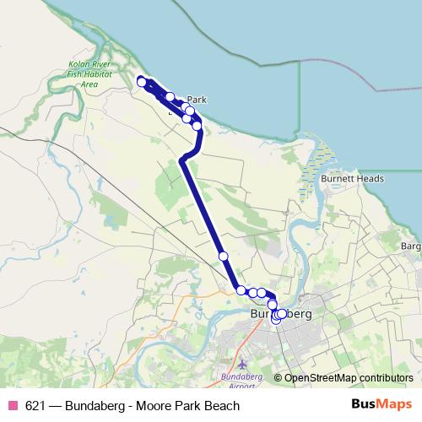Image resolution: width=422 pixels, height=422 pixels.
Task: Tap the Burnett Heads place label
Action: [x=353, y=179]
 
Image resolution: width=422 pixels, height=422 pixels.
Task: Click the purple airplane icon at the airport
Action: [x=244, y=363]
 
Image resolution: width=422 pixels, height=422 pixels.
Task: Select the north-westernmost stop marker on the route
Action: [x=142, y=81]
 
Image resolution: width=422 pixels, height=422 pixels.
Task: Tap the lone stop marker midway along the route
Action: [x=223, y=256]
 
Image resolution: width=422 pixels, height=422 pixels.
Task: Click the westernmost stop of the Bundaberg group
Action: [x=241, y=290]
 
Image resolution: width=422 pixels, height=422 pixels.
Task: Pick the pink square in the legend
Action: [x=12, y=406]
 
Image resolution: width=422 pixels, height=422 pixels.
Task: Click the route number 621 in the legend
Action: [x=35, y=406]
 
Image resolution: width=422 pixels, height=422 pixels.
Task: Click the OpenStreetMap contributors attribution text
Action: [x=349, y=378]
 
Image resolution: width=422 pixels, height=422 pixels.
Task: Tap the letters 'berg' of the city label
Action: [x=296, y=314]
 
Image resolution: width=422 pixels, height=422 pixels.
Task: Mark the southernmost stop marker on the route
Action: [x=276, y=320]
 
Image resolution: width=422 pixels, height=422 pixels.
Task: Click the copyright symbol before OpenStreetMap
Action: [x=278, y=378]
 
